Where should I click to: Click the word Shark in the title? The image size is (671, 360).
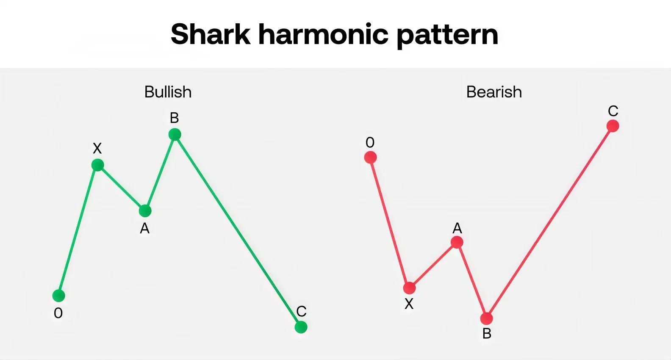point(211,34)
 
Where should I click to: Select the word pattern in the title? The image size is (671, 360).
point(447,35)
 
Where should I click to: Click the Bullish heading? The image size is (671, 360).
point(168,91)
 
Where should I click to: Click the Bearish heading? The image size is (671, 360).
point(494,91)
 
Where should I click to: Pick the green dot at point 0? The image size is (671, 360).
point(59,296)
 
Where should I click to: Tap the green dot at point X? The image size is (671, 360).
point(98,165)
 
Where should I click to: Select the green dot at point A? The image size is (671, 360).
point(145,211)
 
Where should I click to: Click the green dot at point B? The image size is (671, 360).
point(175,135)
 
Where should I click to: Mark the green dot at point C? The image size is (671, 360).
point(301,327)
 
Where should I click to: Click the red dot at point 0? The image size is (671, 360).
point(370,157)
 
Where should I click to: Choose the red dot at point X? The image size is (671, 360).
point(409,288)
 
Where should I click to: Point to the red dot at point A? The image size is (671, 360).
point(457,242)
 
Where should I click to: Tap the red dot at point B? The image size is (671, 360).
point(486,318)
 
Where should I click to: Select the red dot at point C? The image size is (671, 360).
point(613,126)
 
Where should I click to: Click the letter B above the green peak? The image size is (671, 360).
point(175,118)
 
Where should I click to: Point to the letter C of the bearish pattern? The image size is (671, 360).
point(613,111)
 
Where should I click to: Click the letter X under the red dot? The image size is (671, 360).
point(409,304)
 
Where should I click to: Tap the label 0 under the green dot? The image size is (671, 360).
point(58,313)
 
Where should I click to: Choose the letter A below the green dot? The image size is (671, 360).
point(145,229)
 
